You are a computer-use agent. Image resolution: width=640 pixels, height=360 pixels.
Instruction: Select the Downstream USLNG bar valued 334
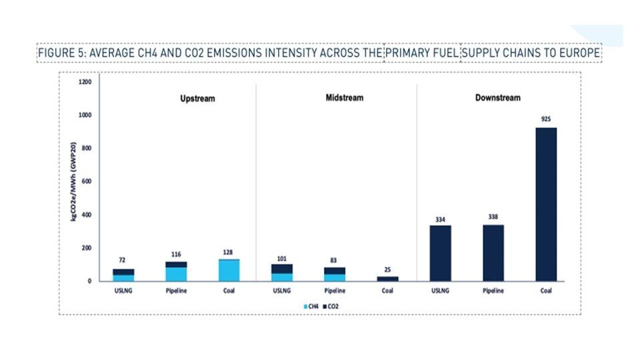(x=440, y=253)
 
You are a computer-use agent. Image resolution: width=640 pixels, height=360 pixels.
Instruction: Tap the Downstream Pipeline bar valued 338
(x=493, y=253)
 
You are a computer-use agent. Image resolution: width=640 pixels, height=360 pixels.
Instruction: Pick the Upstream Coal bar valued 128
(x=229, y=270)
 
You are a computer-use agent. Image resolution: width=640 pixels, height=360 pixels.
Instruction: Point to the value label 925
(x=546, y=119)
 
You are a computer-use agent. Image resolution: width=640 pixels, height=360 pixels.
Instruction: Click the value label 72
(x=123, y=260)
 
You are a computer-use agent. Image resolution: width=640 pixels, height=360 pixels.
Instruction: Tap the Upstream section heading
(x=197, y=99)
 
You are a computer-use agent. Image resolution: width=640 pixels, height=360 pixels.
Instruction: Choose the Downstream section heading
(x=497, y=98)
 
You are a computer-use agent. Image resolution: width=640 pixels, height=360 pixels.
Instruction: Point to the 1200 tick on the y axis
(x=85, y=82)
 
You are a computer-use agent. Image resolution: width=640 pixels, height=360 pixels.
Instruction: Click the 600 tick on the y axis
(x=87, y=181)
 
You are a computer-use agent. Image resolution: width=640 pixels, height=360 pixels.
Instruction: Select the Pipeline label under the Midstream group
(x=334, y=291)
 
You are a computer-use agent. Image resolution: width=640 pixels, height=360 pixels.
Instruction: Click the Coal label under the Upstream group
(x=229, y=291)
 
